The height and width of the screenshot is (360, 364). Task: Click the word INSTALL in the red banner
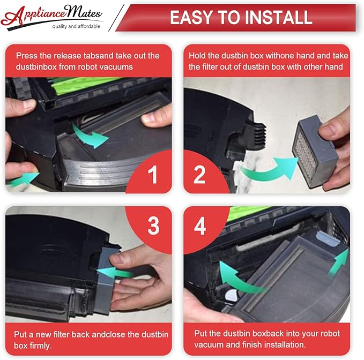click(279, 17)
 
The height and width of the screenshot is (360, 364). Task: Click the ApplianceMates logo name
click(51, 15)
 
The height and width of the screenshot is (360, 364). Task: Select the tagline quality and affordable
click(76, 26)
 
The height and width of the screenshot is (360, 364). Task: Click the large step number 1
click(153, 175)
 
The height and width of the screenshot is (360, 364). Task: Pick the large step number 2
click(199, 175)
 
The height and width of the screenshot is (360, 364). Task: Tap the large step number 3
click(153, 226)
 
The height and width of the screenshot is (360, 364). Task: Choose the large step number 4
click(199, 226)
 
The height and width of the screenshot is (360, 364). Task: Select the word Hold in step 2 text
click(197, 56)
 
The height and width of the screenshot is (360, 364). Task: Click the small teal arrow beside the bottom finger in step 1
click(23, 179)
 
